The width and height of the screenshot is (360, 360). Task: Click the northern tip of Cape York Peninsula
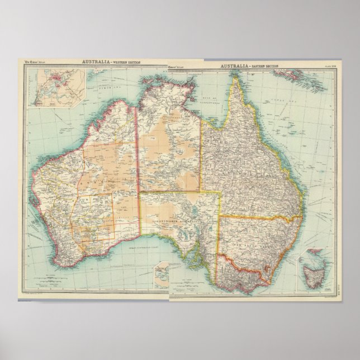click(x=236, y=78)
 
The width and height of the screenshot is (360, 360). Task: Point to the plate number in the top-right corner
click(x=324, y=67)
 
